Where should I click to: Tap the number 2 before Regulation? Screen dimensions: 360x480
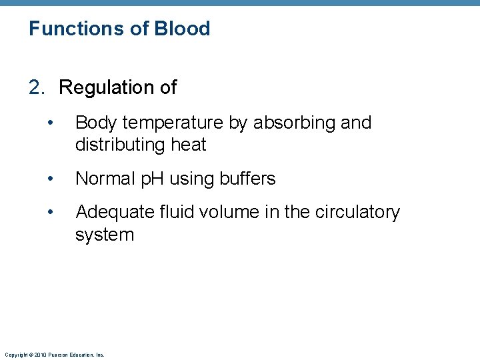click(35, 87)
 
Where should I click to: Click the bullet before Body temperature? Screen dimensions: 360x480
click(51, 123)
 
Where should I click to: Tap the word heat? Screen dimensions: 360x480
click(189, 145)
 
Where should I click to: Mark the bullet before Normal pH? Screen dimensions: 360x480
click(51, 179)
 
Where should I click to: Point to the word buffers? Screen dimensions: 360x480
click(243, 179)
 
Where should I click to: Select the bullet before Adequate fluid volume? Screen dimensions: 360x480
click(51, 213)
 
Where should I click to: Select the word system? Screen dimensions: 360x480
click(105, 235)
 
